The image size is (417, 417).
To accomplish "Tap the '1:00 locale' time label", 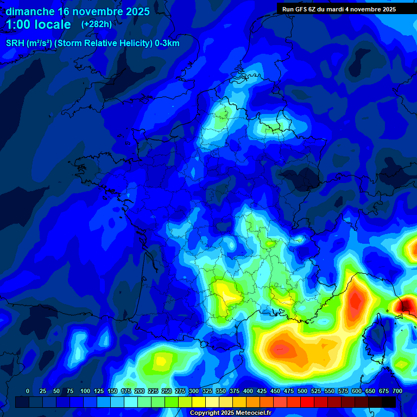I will [39, 25].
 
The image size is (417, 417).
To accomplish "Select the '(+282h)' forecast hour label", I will [97, 24].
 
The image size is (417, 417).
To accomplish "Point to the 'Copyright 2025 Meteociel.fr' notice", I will [230, 413].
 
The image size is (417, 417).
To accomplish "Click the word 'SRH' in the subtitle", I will [15, 43].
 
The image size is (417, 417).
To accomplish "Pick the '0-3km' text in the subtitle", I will [167, 43].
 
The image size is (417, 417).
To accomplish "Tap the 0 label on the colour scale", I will [28, 391].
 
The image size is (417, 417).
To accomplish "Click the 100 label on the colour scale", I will [85, 391].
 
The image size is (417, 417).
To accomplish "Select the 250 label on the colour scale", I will [167, 391].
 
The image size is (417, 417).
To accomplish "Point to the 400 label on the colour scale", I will [248, 391].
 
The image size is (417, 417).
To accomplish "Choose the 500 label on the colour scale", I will [302, 391].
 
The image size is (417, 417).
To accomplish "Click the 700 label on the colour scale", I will [397, 391].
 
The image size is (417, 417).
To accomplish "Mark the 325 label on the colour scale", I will [207, 391].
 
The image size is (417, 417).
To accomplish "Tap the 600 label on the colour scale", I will [357, 391].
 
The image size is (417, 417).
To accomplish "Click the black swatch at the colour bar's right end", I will [389, 402].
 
